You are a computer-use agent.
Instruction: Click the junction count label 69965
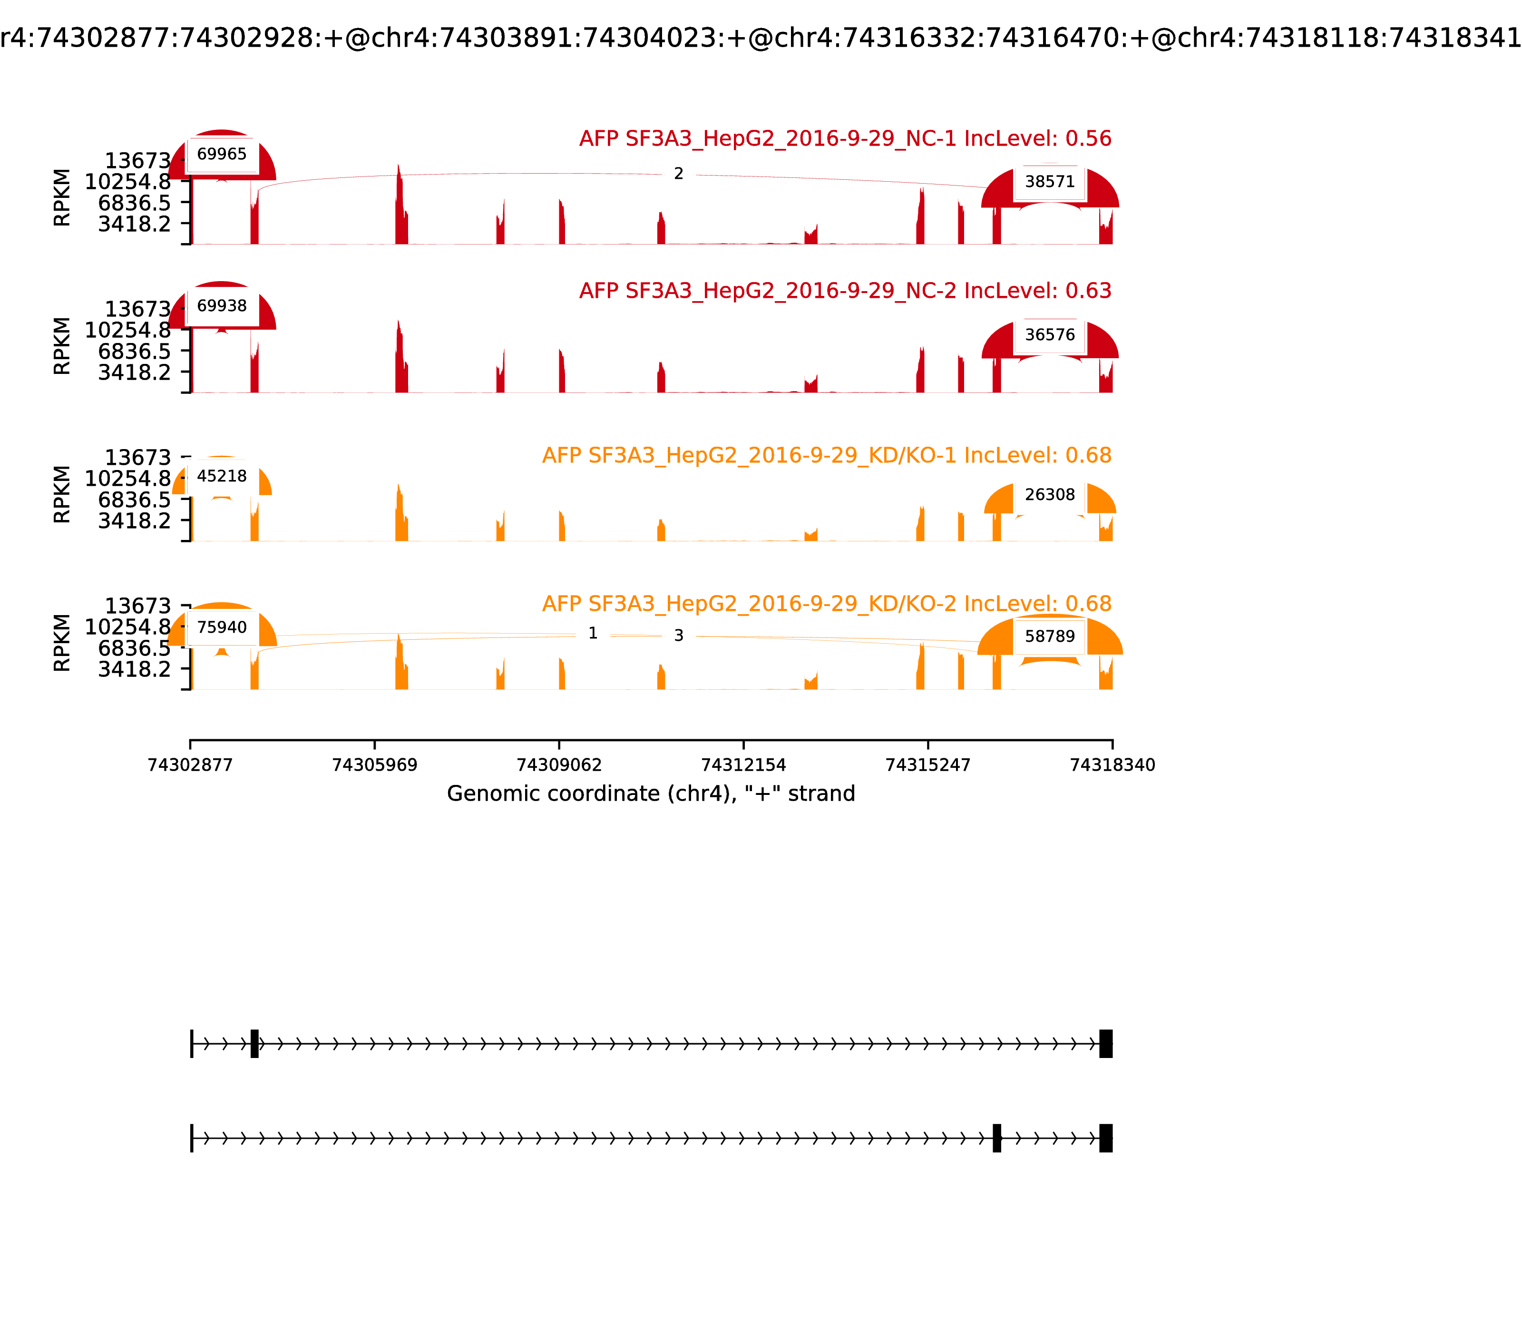[222, 154]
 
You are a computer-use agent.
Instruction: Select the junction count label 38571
[1049, 181]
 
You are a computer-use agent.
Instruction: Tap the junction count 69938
[222, 305]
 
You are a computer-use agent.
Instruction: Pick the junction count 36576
[1049, 334]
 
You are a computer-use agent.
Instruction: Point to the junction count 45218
[222, 476]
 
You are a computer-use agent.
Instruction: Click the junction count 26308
[1049, 494]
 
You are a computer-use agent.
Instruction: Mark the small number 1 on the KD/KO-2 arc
[592, 633]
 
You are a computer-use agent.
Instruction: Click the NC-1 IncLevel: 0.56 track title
[845, 138]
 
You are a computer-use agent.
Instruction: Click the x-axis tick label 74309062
[559, 765]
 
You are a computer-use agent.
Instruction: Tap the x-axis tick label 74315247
[927, 765]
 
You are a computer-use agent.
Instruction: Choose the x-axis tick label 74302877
[190, 765]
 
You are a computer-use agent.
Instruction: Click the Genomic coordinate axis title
[651, 794]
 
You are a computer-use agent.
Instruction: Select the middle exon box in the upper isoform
[254, 1044]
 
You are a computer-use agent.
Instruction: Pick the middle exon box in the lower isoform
[996, 1138]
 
